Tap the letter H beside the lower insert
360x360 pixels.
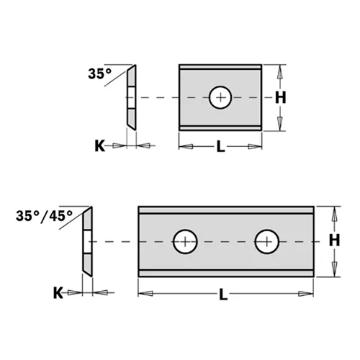tap(335, 240)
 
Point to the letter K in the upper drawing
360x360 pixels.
tap(99, 146)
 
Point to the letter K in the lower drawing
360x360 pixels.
tap(57, 294)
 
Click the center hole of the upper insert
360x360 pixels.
tap(221, 97)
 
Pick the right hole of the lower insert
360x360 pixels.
tap(267, 240)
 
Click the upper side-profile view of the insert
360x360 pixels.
tap(131, 97)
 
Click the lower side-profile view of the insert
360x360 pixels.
tap(86, 240)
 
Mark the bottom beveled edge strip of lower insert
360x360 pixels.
tap(226, 274)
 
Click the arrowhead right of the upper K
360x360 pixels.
tap(145, 145)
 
